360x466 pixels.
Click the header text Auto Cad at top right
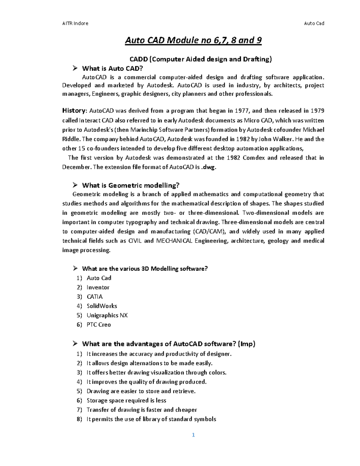pyautogui.click(x=314, y=23)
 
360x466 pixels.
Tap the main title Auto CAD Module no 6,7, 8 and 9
pyautogui.click(x=193, y=40)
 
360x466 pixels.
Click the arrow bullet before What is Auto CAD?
pyautogui.click(x=75, y=68)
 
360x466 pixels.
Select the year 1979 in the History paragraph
pyautogui.click(x=317, y=111)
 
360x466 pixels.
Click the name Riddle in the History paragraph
pyautogui.click(x=71, y=139)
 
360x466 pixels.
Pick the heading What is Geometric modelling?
pyautogui.click(x=130, y=185)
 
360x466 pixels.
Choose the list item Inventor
pyautogui.click(x=98, y=287)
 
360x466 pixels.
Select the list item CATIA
pyautogui.click(x=94, y=297)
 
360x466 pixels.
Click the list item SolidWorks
pyautogui.click(x=102, y=306)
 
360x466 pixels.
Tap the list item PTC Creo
pyautogui.click(x=99, y=325)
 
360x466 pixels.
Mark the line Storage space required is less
pyautogui.click(x=126, y=401)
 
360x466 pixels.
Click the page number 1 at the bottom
pyautogui.click(x=193, y=435)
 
